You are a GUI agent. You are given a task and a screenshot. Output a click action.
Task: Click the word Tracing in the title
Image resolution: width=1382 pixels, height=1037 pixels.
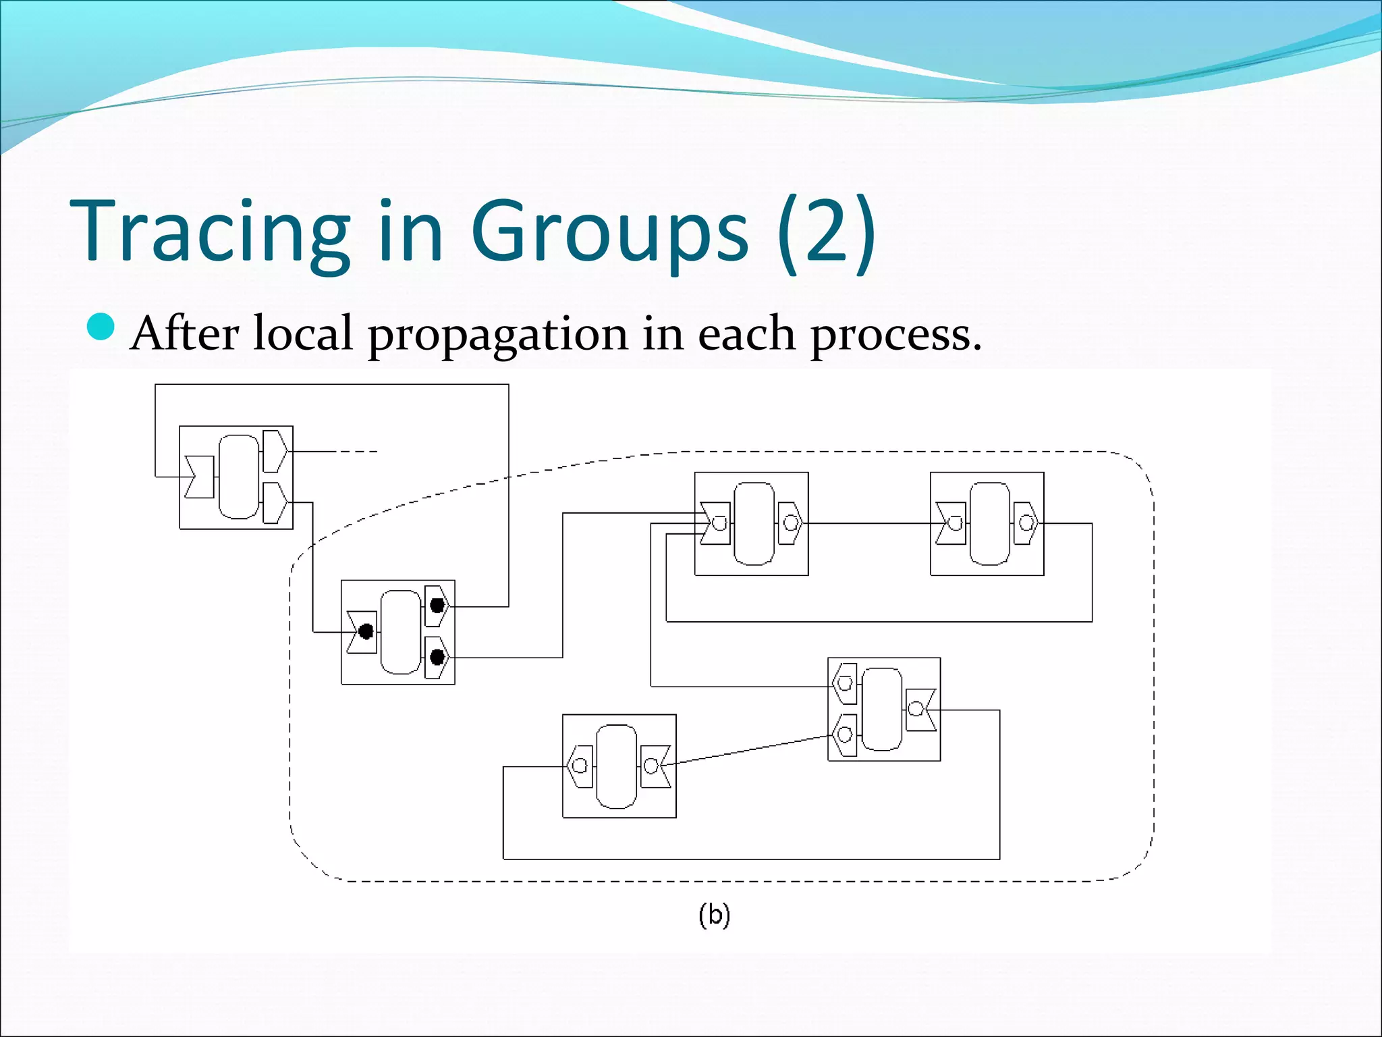pyautogui.click(x=209, y=231)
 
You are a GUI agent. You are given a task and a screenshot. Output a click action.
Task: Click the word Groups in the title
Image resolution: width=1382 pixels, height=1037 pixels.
pyautogui.click(x=609, y=231)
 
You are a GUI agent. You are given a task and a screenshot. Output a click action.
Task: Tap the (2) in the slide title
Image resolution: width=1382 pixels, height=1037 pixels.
pyautogui.click(x=825, y=231)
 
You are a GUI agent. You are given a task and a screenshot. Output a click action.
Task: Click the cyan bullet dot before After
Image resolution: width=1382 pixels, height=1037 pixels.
pyautogui.click(x=102, y=327)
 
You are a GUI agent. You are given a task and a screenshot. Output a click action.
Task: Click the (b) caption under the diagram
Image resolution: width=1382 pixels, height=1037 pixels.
pyautogui.click(x=715, y=915)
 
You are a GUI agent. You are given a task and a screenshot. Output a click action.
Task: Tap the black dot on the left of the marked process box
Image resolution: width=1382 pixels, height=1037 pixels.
pyautogui.click(x=366, y=632)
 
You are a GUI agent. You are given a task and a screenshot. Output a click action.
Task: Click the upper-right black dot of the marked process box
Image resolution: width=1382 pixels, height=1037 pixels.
pyautogui.click(x=437, y=606)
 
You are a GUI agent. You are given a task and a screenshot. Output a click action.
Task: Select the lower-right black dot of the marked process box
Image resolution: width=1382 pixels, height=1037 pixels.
pyautogui.click(x=437, y=656)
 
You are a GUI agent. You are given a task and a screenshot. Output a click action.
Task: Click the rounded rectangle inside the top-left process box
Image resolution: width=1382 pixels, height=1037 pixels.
pyautogui.click(x=239, y=477)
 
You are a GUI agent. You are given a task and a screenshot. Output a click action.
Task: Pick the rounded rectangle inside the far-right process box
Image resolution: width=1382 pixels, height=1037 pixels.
pyautogui.click(x=989, y=523)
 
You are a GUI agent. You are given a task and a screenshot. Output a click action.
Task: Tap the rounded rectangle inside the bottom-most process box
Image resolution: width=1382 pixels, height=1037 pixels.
pyautogui.click(x=616, y=766)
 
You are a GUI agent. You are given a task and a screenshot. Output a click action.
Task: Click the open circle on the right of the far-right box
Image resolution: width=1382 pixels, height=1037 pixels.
pyautogui.click(x=1026, y=523)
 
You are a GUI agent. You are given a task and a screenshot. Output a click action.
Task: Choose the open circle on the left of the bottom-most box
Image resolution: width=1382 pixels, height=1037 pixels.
pyautogui.click(x=580, y=766)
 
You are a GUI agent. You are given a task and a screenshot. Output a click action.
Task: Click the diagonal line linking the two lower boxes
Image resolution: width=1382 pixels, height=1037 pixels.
pyautogui.click(x=749, y=751)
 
